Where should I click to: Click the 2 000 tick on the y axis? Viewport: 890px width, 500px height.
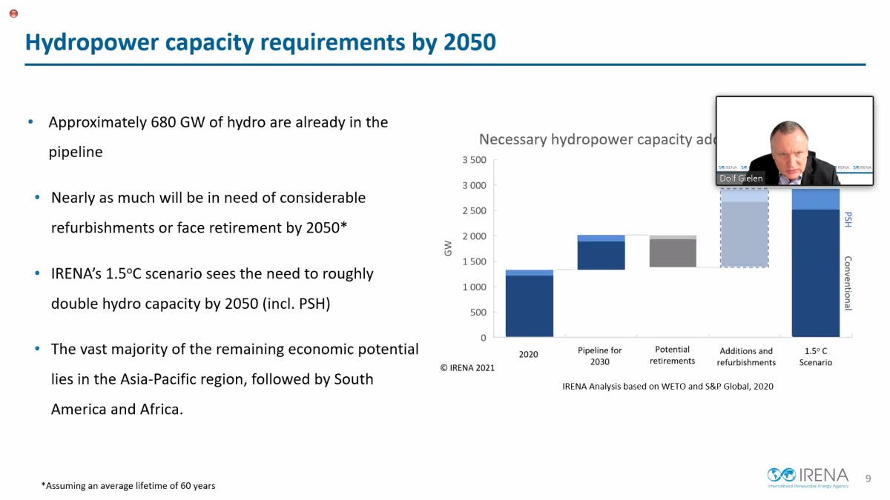pyautogui.click(x=473, y=236)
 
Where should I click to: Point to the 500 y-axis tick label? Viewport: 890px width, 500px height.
pyautogui.click(x=478, y=313)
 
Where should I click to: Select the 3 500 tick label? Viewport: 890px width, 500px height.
pyautogui.click(x=473, y=160)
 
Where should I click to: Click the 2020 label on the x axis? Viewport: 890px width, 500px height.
pyautogui.click(x=528, y=355)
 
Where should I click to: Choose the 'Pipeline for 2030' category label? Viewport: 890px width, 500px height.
pyautogui.click(x=599, y=356)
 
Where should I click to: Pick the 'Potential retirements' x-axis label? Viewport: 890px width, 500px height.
pyautogui.click(x=672, y=355)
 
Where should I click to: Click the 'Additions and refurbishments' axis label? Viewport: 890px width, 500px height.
pyautogui.click(x=745, y=356)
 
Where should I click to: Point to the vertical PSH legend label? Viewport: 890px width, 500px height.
pyautogui.click(x=848, y=219)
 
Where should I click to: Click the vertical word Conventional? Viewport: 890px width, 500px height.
pyautogui.click(x=848, y=283)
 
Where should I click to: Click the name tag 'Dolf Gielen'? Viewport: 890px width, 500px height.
pyautogui.click(x=740, y=179)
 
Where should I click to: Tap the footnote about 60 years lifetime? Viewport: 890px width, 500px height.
pyautogui.click(x=128, y=486)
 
